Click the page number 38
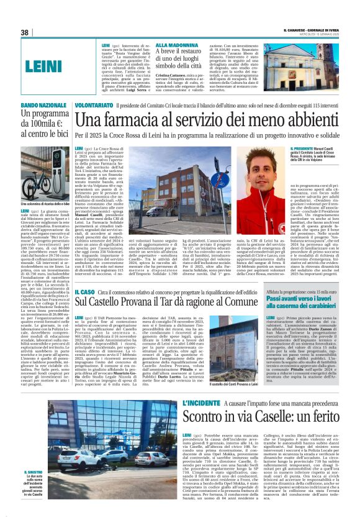tap(25, 32)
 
